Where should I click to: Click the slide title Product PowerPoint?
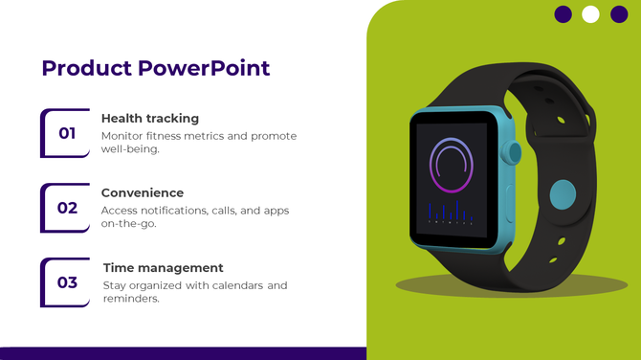click(x=156, y=69)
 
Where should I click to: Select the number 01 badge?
click(x=67, y=133)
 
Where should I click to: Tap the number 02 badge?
click(x=67, y=208)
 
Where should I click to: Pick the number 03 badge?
click(x=67, y=282)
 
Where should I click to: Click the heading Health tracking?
click(x=150, y=118)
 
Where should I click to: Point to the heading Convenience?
click(x=143, y=192)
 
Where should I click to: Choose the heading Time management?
click(x=163, y=268)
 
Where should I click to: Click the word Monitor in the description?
click(x=122, y=136)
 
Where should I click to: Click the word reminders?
click(x=130, y=299)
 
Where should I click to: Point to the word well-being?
click(x=129, y=149)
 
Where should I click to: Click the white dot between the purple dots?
click(x=590, y=14)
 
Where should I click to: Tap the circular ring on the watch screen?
click(x=452, y=164)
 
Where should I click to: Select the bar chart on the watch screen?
click(x=451, y=212)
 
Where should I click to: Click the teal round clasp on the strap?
click(x=563, y=194)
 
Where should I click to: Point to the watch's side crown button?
click(x=516, y=152)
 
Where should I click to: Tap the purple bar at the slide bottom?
click(x=182, y=353)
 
